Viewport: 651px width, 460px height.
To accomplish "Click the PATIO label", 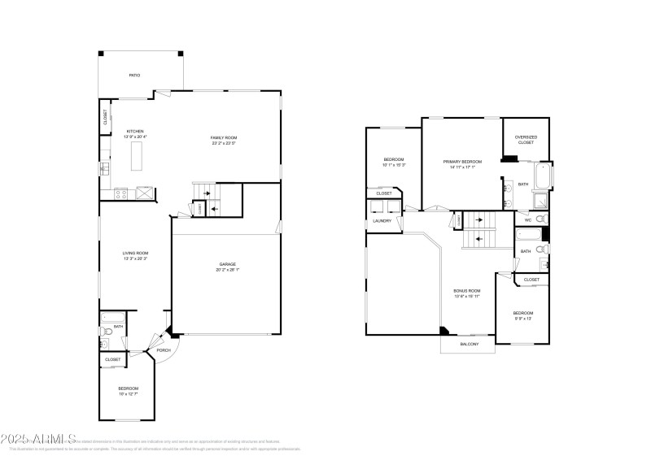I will pyautogui.click(x=134, y=75).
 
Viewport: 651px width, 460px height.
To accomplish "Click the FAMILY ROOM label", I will pyautogui.click(x=224, y=138).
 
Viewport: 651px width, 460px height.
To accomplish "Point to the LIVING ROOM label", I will pyautogui.click(x=135, y=254).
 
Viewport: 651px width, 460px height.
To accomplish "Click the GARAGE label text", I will pyautogui.click(x=228, y=264).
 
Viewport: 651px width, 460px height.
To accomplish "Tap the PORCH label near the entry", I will pyautogui.click(x=164, y=350).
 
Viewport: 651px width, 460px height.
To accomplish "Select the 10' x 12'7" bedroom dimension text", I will pyautogui.click(x=129, y=393).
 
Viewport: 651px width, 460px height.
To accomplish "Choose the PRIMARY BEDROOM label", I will pyautogui.click(x=462, y=161).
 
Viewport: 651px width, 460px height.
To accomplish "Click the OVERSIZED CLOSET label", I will pyautogui.click(x=526, y=140).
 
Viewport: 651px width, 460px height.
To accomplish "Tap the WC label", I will pyautogui.click(x=528, y=220).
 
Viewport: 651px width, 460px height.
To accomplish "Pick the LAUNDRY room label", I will pyautogui.click(x=382, y=221).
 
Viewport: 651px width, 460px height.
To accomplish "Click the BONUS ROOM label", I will pyautogui.click(x=467, y=290).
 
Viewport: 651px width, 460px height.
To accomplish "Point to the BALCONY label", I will pyautogui.click(x=469, y=344).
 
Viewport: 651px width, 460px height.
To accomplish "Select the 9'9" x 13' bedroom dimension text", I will pyautogui.click(x=522, y=319).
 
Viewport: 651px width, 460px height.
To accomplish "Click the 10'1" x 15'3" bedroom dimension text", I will pyautogui.click(x=394, y=165).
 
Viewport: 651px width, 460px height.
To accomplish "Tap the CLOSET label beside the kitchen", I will pyautogui.click(x=105, y=117).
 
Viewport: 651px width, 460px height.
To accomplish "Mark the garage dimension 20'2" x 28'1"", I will pyautogui.click(x=228, y=270).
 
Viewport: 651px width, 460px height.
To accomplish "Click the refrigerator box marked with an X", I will pyautogui.click(x=144, y=193).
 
